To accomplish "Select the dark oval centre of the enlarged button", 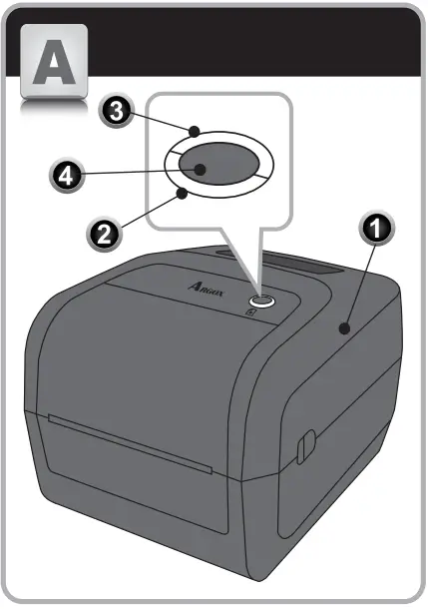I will click(217, 162).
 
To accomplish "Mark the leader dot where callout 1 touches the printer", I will click(344, 328).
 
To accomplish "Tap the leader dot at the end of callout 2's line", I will click(183, 193).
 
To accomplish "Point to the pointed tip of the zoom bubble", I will click(257, 290).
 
